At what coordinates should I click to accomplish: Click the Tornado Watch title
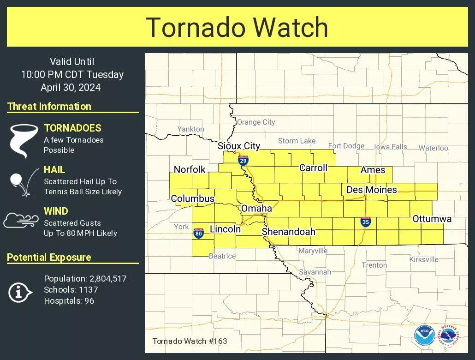(x=237, y=27)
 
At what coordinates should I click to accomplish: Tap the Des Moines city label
(x=372, y=190)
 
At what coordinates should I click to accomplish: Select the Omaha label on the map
(x=256, y=208)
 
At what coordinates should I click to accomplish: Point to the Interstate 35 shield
(x=366, y=222)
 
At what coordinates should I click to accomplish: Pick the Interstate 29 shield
(x=243, y=160)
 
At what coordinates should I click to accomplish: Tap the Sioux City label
(x=239, y=146)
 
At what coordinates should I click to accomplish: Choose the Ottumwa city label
(x=432, y=218)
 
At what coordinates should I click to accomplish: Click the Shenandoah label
(x=289, y=232)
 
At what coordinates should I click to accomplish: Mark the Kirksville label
(x=424, y=259)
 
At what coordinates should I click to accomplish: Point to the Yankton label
(x=190, y=129)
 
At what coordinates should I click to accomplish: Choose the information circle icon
(x=20, y=292)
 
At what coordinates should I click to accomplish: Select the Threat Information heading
(x=49, y=107)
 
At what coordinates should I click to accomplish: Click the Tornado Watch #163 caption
(x=190, y=342)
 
